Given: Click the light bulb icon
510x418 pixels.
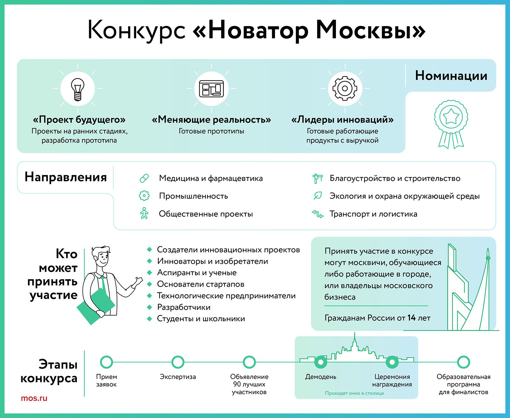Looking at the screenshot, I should pos(77,89).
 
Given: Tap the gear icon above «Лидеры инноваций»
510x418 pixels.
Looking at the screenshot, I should pos(345,88).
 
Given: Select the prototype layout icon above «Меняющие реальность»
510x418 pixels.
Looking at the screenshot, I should pos(211,89).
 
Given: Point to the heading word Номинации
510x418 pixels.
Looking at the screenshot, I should pos(451,76).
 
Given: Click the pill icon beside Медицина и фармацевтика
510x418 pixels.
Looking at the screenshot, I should pos(144,178).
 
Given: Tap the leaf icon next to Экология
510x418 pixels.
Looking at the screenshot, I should pos(318,196).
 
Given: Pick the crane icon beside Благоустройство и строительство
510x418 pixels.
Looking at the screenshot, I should pos(317,178).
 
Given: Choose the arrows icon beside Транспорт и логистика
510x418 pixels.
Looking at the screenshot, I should pos(317,214).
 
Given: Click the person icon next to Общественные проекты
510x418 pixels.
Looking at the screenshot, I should pos(144,213).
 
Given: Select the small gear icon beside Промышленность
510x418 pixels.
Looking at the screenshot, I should pos(144,196).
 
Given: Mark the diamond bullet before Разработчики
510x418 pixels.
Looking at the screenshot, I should pos(149,307).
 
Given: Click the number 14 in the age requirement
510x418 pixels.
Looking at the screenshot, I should pos(412,318).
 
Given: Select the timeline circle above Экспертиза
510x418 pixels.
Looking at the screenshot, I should pos(178,362).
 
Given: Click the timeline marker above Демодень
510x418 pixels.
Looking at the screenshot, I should pos(321,362).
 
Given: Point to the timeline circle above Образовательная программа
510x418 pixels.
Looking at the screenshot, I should pos(463,362).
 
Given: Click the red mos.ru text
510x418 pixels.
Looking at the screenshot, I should pos(34,398).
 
